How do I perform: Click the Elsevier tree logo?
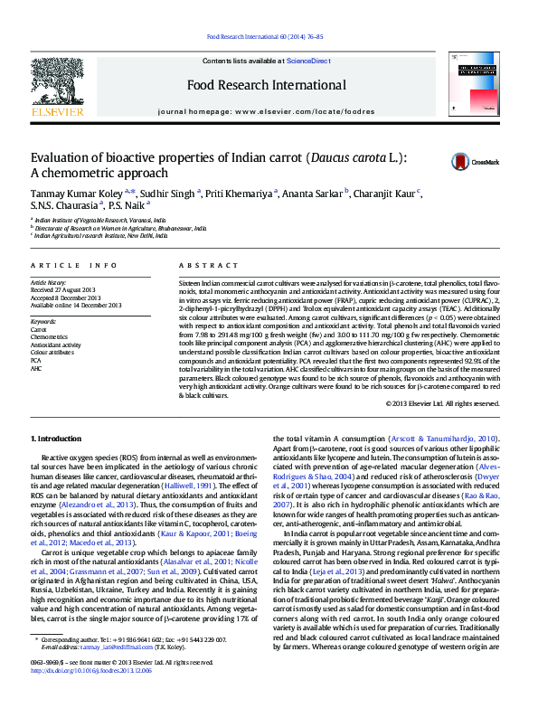pos(58,87)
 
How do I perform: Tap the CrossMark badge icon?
pos(461,162)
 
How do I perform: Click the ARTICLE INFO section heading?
pos(74,265)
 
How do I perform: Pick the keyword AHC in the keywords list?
pos(36,369)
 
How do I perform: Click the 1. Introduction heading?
pos(55,439)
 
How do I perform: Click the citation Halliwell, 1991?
pos(213,487)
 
